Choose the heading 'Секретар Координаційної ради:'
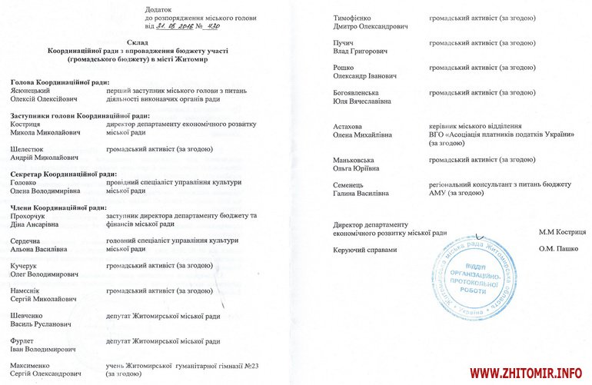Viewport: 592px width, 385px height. point(64,174)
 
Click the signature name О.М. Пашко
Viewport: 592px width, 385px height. point(560,249)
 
